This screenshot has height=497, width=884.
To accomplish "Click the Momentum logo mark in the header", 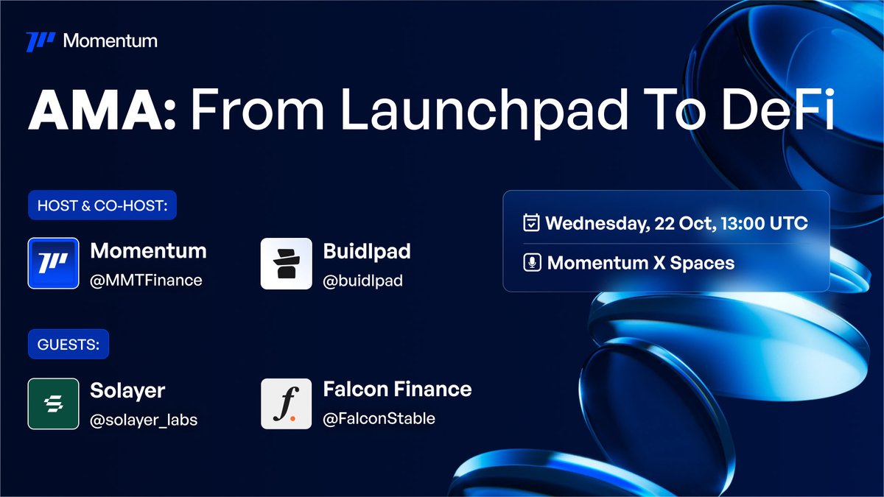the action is click(41, 42).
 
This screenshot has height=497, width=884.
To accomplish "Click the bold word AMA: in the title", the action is click(102, 110).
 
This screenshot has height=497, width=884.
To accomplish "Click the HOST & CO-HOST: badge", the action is click(102, 205).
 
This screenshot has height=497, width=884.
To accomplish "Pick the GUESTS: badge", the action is click(69, 344).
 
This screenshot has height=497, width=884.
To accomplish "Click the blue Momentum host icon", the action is click(53, 263).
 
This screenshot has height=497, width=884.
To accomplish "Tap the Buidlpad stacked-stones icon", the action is click(286, 263).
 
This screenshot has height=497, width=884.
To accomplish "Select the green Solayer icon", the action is click(53, 403).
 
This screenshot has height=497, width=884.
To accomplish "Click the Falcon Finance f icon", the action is click(286, 403).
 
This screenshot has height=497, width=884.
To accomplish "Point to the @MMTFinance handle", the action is click(146, 281).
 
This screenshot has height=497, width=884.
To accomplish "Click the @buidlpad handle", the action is click(362, 281).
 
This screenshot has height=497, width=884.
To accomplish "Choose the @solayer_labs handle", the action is click(144, 420).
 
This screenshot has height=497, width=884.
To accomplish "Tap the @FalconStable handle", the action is click(379, 418).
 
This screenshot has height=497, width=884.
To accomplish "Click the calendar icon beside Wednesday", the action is click(531, 222).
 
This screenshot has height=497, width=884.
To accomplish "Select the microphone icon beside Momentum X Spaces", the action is click(532, 263).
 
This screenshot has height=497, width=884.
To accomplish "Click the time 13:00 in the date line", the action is click(743, 223).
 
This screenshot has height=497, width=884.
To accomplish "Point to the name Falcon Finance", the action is click(397, 390).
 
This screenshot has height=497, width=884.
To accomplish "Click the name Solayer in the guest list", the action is click(127, 391).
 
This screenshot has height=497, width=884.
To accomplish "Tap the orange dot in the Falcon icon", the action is click(293, 418).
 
